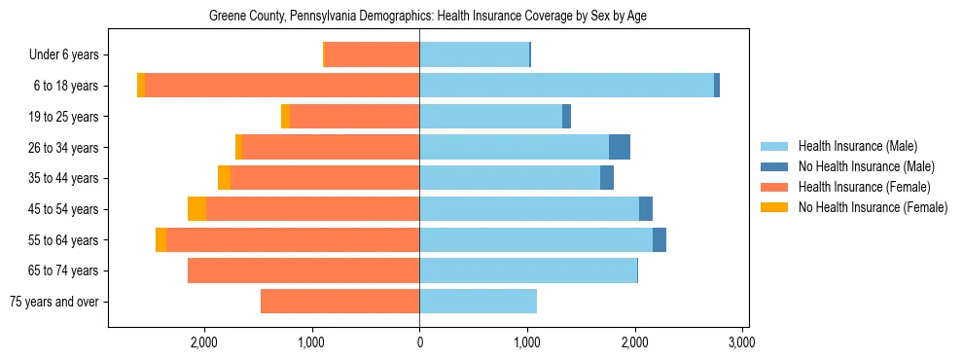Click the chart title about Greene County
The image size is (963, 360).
[x=428, y=17]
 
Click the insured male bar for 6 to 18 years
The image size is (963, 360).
[x=566, y=86]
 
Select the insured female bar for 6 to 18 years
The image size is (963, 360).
[x=282, y=86]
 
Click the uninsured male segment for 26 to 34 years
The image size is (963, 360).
[x=620, y=147]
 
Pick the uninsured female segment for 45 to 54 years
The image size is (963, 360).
[x=197, y=209]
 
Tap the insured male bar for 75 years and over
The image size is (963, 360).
[x=478, y=302]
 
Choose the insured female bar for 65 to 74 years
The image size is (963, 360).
[x=303, y=270]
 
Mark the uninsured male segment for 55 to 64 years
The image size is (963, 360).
[x=660, y=239]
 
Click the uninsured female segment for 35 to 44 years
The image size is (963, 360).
[x=224, y=178]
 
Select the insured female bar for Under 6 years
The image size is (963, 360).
[x=372, y=55]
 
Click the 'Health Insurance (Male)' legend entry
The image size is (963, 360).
[x=857, y=146]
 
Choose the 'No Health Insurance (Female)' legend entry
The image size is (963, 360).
[x=873, y=207]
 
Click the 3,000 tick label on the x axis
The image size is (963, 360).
[x=742, y=342]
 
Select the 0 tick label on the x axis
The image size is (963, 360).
[x=419, y=342]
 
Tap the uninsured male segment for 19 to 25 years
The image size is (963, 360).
[x=566, y=117]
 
